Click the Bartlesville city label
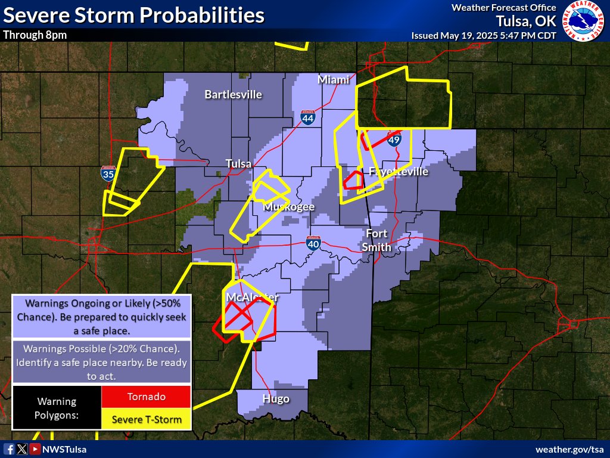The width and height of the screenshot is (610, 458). (x=233, y=94)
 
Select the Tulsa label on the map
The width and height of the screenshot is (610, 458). (x=238, y=163)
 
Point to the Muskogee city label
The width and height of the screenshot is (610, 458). (x=289, y=207)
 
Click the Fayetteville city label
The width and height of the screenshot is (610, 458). (x=399, y=172)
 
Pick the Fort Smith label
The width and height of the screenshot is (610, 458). (x=378, y=240)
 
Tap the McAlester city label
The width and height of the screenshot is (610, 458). (x=253, y=297)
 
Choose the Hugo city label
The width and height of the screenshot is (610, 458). (x=276, y=398)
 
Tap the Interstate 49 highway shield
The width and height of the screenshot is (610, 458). (x=394, y=140)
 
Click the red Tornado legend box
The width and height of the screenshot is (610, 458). (x=146, y=397)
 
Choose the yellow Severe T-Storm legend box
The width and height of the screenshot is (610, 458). (x=146, y=419)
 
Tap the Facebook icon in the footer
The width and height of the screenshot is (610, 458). (x=9, y=449)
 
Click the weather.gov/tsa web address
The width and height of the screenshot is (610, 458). (x=569, y=449)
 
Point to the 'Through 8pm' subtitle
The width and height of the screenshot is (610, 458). (x=35, y=35)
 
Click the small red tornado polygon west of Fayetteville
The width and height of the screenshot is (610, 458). (x=356, y=180)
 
